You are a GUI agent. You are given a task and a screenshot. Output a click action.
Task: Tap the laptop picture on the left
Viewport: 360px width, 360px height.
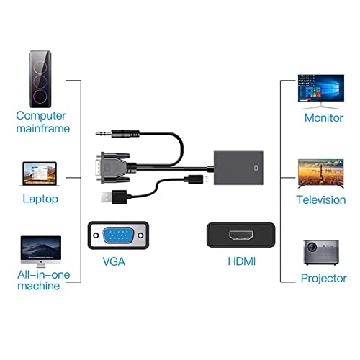[40, 174]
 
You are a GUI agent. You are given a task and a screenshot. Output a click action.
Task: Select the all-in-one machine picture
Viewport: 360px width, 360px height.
[41, 248]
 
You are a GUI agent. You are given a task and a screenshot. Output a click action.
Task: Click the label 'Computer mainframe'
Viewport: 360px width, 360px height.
[42, 122]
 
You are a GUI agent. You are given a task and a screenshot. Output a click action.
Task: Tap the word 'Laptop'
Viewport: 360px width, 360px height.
[40, 199]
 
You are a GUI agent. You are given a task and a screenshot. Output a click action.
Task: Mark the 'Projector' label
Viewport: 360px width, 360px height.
[323, 279]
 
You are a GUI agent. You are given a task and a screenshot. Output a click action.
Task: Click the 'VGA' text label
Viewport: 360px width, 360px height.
[114, 261]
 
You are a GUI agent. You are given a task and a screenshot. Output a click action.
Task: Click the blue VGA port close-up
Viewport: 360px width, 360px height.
[118, 235]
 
